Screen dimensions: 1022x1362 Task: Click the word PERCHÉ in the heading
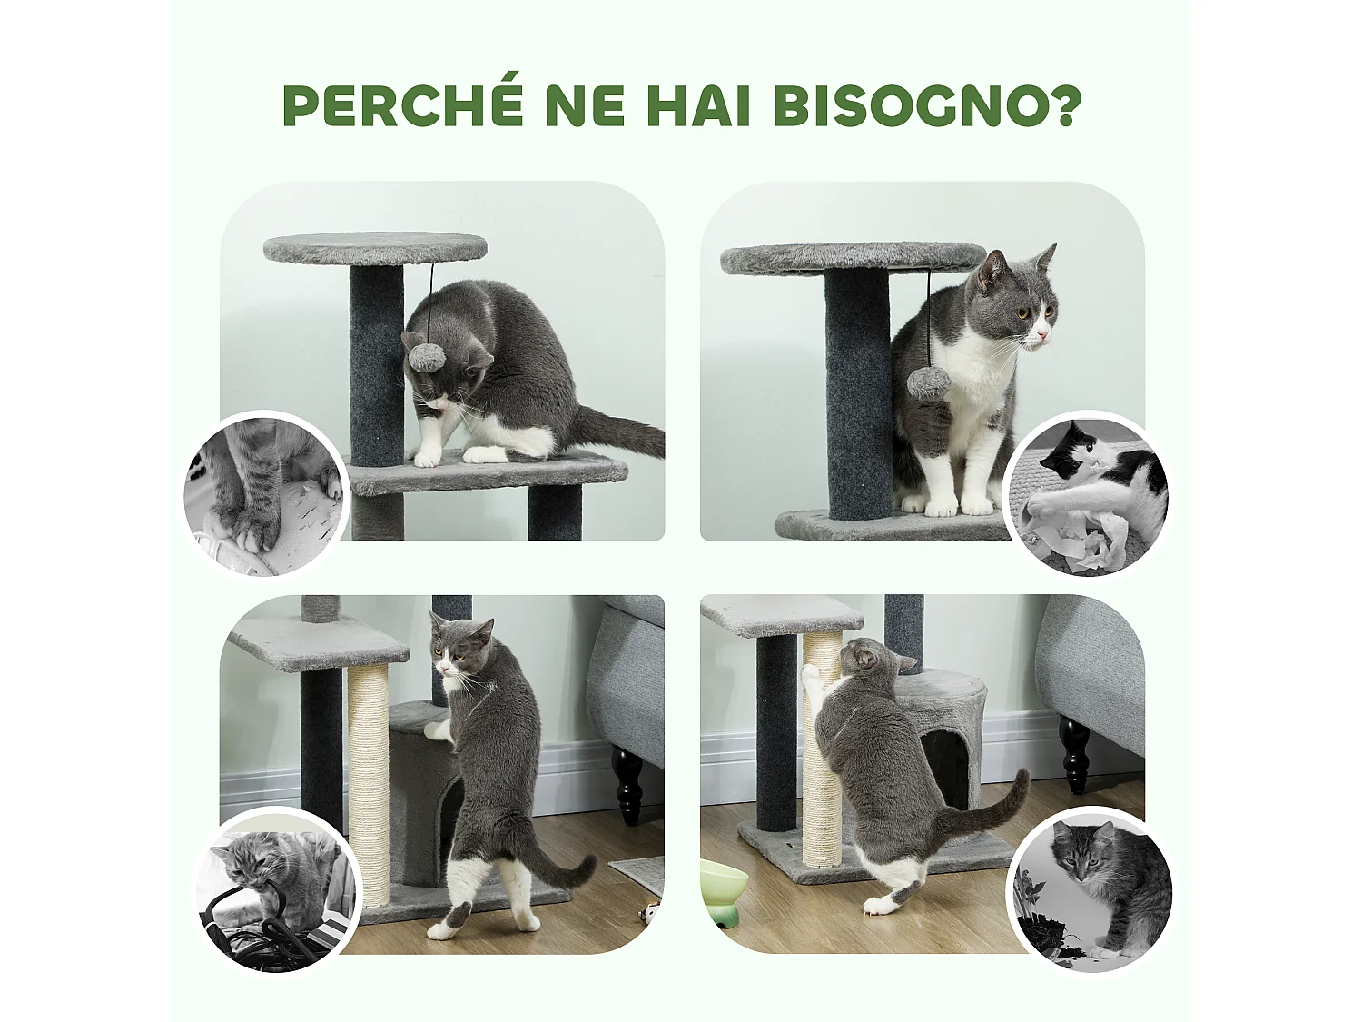[402, 105]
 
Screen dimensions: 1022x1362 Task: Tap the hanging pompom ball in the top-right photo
[928, 382]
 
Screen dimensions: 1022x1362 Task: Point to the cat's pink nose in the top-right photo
[1043, 337]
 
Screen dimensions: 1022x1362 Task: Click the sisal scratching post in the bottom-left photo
[368, 781]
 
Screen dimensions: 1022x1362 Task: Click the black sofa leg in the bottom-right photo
[1074, 754]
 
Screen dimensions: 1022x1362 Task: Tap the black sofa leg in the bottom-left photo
[627, 783]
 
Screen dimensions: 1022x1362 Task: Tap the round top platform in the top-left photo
[374, 247]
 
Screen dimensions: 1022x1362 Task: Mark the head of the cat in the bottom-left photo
[460, 647]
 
